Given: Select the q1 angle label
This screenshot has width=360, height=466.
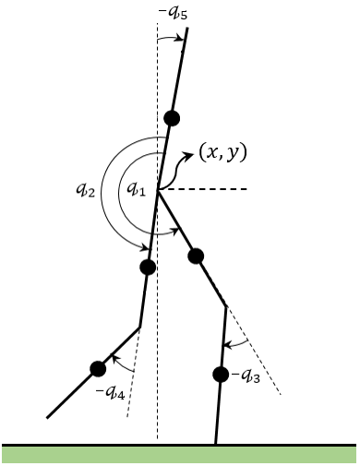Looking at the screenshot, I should click(x=136, y=188).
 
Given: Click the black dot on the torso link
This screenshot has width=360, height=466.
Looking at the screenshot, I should click(x=172, y=117).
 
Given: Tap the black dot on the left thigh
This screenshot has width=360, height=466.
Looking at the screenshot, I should click(x=147, y=268).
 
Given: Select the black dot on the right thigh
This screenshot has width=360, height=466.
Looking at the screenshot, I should click(x=195, y=256).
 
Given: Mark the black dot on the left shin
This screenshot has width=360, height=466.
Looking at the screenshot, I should click(x=98, y=368).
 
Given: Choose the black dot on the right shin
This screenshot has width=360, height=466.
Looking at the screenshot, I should click(x=221, y=374).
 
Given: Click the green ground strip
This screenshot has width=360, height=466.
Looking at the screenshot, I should click(x=179, y=453).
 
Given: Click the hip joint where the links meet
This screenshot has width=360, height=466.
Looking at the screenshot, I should click(x=158, y=190).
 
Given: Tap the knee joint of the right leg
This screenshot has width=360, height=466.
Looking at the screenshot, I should click(x=225, y=306).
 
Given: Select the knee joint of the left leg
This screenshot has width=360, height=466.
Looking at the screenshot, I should click(x=139, y=327).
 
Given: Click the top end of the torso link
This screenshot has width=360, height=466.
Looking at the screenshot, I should click(x=186, y=29).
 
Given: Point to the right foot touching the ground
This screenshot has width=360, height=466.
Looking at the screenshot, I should click(x=217, y=443).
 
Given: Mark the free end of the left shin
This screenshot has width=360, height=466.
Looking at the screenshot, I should click(x=46, y=418).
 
